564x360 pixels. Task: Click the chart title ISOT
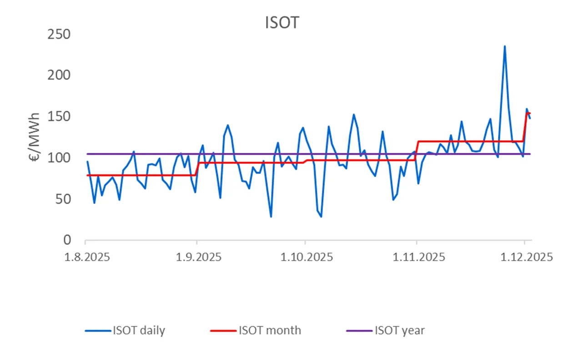[282, 22]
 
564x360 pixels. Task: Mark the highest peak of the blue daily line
[504, 46]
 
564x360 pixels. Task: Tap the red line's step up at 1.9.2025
[197, 169]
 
